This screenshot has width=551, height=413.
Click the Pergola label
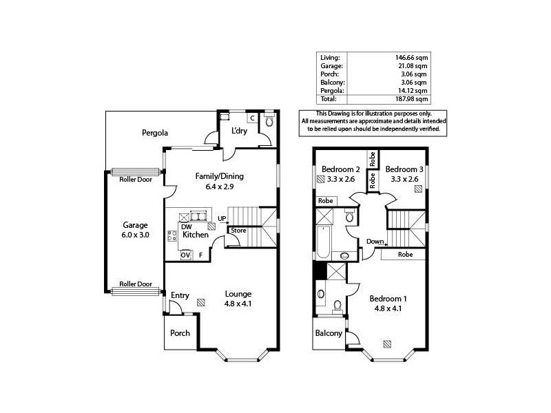tap(156, 132)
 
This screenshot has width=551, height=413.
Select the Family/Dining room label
tap(220, 176)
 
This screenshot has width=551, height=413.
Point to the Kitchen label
tap(195, 235)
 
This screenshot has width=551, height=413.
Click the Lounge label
tap(238, 295)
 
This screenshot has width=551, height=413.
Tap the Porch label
tap(180, 333)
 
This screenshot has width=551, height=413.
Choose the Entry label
tap(180, 295)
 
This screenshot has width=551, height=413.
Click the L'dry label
tap(239, 131)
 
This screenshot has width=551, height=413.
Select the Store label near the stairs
tap(238, 231)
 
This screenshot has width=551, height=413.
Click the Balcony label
tap(329, 333)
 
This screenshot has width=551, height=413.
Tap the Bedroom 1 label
tap(388, 299)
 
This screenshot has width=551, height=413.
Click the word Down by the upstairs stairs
tap(375, 242)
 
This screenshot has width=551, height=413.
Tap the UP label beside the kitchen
tap(222, 220)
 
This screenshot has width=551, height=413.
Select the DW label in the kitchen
tap(186, 226)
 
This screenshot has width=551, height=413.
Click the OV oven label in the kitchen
tap(185, 255)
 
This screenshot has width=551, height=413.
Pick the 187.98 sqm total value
tap(411, 98)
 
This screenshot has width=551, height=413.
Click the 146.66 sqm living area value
tap(411, 57)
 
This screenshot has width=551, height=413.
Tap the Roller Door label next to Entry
tap(135, 284)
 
